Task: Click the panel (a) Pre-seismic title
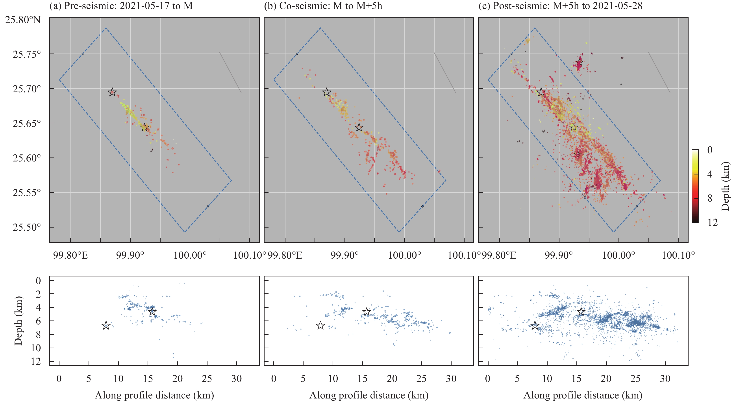click(x=121, y=6)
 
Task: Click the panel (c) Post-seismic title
click(x=560, y=6)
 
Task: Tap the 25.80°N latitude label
click(x=23, y=20)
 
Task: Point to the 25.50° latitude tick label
click(x=27, y=227)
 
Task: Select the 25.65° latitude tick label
click(x=27, y=123)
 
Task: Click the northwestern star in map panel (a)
click(x=112, y=92)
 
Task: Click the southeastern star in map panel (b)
click(x=359, y=127)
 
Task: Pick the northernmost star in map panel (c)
click(x=579, y=62)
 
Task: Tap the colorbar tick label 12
click(x=712, y=222)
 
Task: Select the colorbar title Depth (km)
click(x=725, y=186)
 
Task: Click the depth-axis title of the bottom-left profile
click(x=18, y=320)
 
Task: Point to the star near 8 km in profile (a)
click(x=106, y=326)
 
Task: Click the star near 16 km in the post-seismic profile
click(x=581, y=312)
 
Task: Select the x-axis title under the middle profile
click(x=369, y=395)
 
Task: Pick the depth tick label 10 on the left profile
click(x=36, y=348)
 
